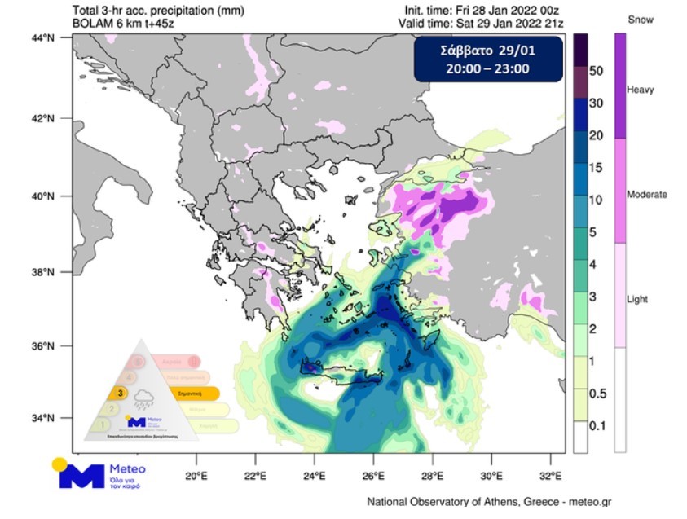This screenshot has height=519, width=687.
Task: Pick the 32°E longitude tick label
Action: [552, 476]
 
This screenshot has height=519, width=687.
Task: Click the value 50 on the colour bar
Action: [596, 71]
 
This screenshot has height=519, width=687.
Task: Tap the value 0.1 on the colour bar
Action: [597, 425]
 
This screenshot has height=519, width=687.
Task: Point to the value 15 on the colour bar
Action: [596, 167]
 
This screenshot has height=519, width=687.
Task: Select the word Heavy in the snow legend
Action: [640, 90]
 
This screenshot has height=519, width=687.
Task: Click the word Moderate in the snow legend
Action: [647, 195]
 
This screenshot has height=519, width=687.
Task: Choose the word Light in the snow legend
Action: [637, 299]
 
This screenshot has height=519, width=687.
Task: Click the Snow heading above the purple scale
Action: [640, 19]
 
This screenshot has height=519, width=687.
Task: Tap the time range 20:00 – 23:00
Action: [488, 68]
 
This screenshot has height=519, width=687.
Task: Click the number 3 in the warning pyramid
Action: [120, 393]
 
